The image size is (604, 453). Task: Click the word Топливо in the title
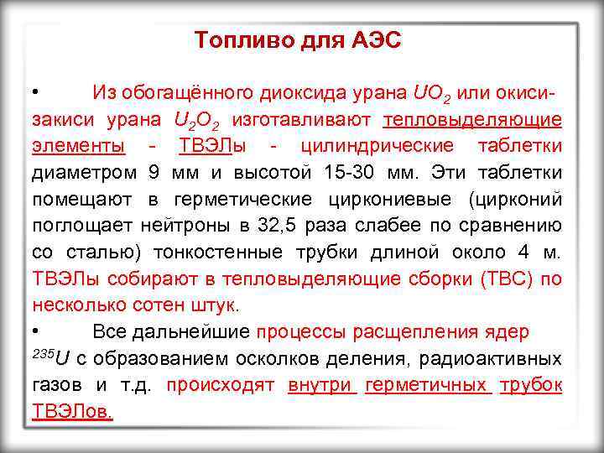[234, 40]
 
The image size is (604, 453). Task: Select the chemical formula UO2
[434, 92]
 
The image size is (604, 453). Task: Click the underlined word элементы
[79, 146]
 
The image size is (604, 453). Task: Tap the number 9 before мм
[153, 173]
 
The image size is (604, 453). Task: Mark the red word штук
[215, 305]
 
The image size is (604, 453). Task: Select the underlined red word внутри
[322, 385]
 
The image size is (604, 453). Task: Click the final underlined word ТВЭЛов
[73, 412]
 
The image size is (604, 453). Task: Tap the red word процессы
[304, 331]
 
